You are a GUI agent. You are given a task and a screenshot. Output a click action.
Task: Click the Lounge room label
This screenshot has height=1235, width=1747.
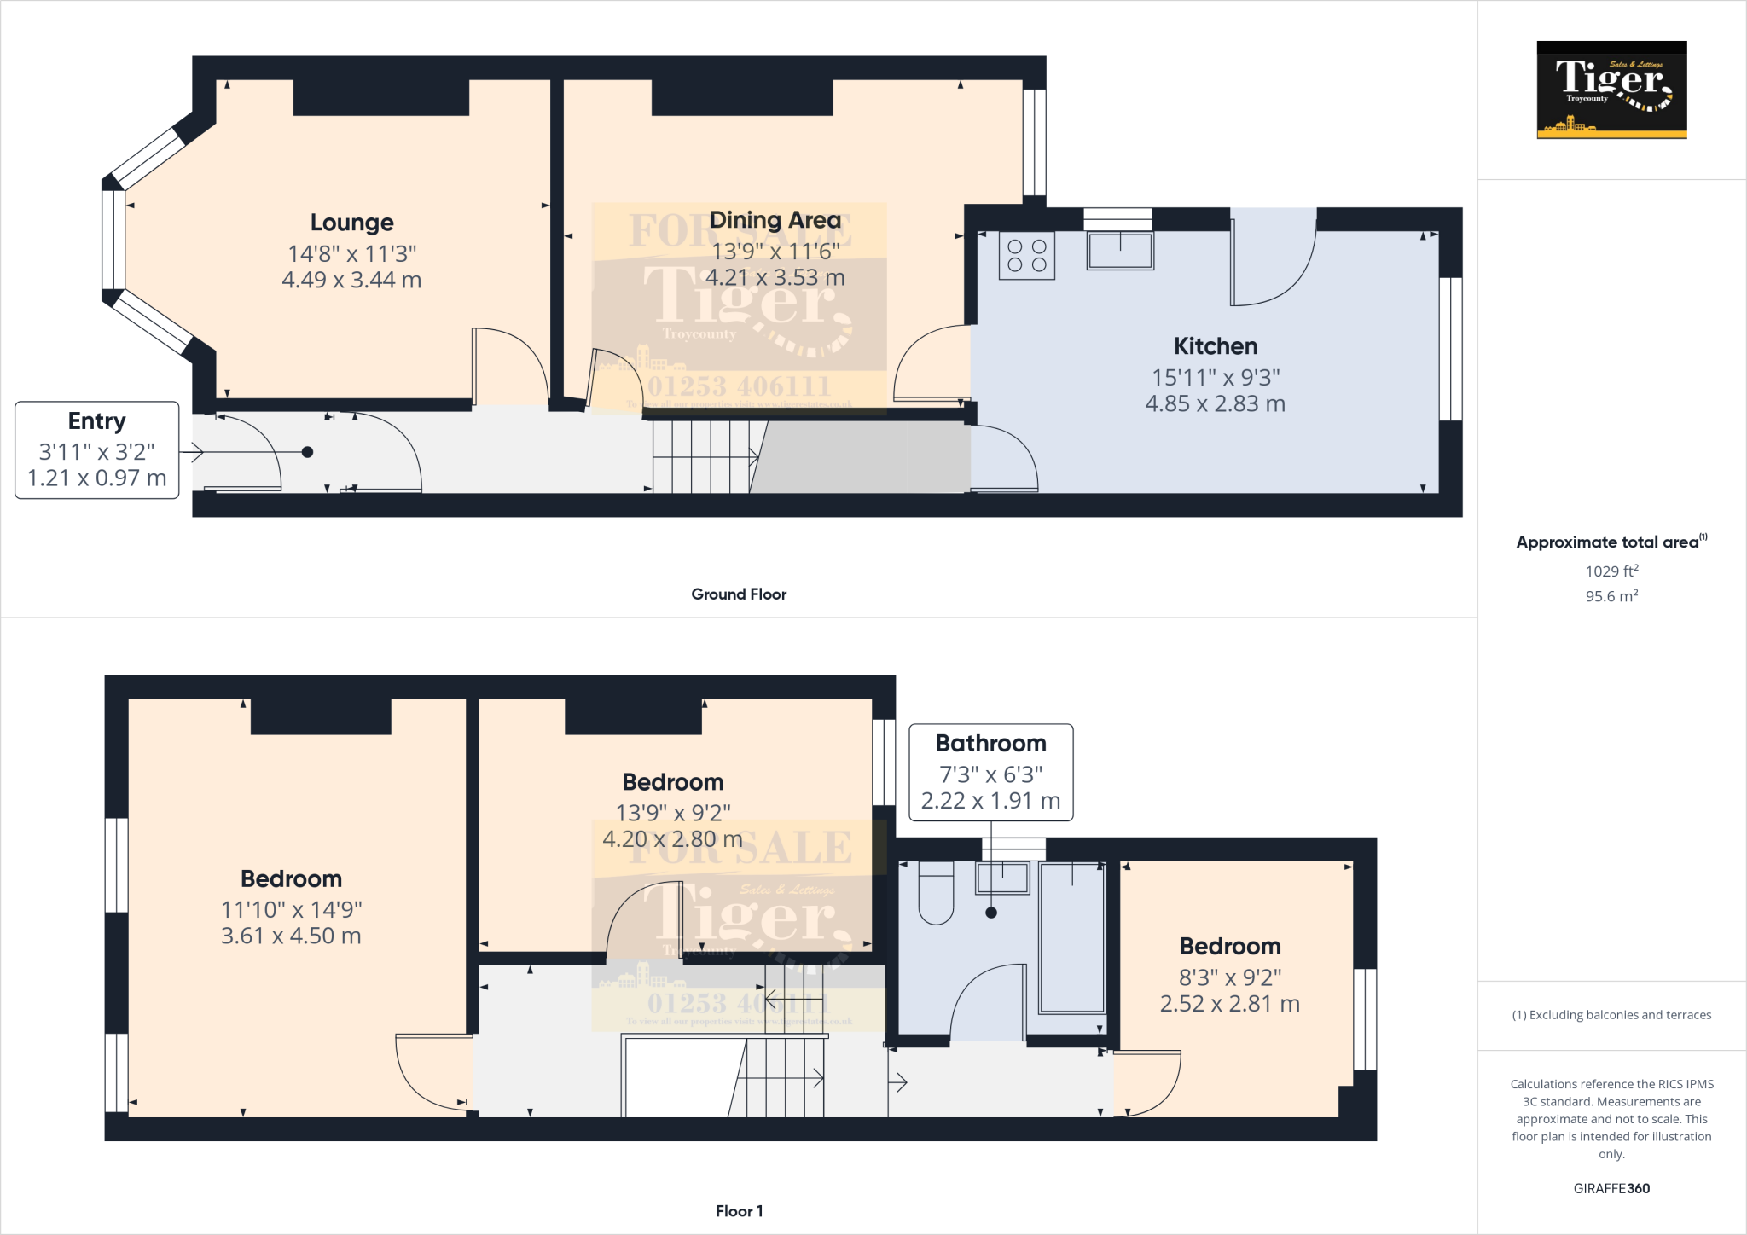pos(351,223)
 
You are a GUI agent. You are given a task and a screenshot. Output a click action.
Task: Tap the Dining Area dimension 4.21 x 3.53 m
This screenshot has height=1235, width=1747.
pos(775,278)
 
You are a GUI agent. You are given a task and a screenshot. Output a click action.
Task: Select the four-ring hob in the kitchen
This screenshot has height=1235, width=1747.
pos(1027,256)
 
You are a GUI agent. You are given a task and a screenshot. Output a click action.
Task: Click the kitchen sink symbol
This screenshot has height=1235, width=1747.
pos(1119,251)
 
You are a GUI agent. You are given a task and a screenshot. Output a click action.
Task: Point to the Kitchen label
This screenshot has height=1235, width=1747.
pos(1215,346)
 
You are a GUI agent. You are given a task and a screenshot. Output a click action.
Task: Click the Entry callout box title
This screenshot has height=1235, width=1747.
pos(96,421)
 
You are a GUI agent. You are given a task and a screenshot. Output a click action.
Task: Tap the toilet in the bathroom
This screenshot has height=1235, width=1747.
pos(936,896)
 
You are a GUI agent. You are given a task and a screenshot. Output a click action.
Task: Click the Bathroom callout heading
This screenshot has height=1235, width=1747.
pos(990,744)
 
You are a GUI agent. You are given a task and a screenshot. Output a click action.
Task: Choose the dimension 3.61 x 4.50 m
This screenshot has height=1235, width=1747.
pos(291,936)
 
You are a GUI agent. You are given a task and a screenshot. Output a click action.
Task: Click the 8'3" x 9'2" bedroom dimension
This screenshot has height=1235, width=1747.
pos(1229,977)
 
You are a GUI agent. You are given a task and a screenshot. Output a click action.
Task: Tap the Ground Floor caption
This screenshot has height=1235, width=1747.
pos(739,594)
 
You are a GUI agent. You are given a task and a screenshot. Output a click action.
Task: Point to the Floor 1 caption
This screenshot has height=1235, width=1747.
pos(739,1211)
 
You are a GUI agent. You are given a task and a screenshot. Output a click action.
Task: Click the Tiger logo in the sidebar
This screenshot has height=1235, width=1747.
pos(1611,90)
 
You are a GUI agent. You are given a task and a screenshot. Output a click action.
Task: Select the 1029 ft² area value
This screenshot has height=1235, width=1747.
pos(1611,571)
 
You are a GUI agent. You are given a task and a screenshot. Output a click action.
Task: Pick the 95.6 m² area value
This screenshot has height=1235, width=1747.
pos(1611,596)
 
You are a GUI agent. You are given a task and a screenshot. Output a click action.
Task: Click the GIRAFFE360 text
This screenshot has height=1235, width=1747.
pos(1611,1188)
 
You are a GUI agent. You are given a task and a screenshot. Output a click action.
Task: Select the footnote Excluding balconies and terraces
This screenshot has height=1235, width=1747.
pos(1611,1015)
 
